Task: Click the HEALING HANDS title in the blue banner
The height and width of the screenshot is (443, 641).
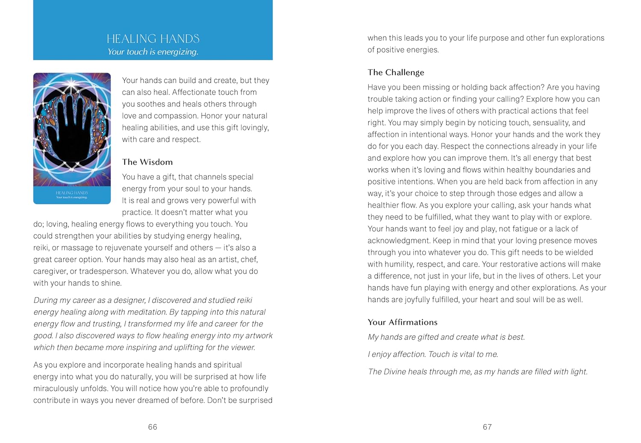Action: (153, 39)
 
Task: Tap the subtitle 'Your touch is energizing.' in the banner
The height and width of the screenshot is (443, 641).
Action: (153, 52)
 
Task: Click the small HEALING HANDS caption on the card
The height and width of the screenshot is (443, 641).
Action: (72, 193)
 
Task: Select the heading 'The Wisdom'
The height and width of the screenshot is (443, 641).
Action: (147, 162)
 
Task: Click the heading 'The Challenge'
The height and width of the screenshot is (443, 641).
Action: (396, 72)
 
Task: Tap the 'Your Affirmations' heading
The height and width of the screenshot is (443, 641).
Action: (403, 322)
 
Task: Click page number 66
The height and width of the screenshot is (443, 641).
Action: (153, 427)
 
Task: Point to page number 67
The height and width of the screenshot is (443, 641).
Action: (487, 427)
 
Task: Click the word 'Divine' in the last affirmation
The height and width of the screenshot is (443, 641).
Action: (395, 372)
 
